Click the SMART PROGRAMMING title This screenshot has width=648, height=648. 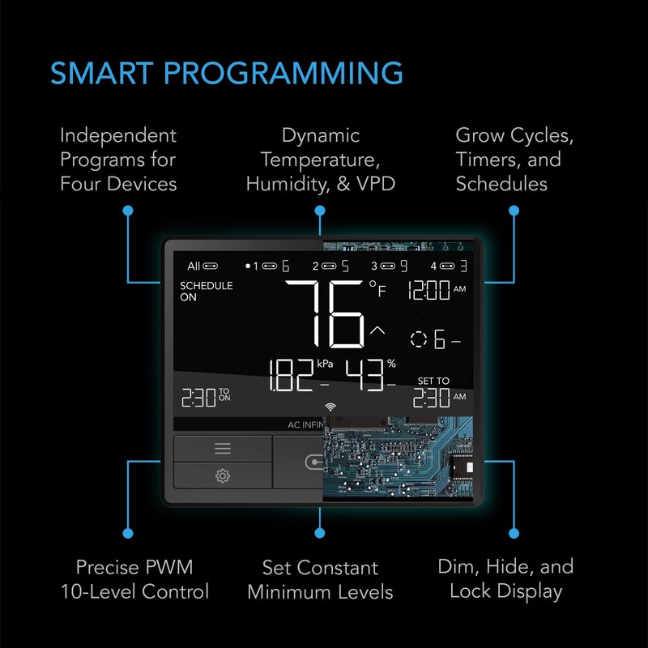(226, 73)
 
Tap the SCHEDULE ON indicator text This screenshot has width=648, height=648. (206, 292)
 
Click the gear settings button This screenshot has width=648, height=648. (223, 475)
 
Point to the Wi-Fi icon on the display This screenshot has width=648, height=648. (330, 407)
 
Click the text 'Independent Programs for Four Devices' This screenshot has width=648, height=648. (118, 160)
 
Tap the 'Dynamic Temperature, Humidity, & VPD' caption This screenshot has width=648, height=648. (320, 160)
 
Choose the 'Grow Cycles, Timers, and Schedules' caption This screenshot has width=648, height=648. (513, 160)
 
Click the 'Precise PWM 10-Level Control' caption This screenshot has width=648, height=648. (134, 579)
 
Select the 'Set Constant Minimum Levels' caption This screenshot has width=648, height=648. (320, 579)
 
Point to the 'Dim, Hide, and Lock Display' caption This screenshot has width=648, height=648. (505, 579)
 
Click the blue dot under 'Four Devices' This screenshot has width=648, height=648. (127, 210)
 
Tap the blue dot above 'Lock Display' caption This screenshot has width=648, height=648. (513, 533)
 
